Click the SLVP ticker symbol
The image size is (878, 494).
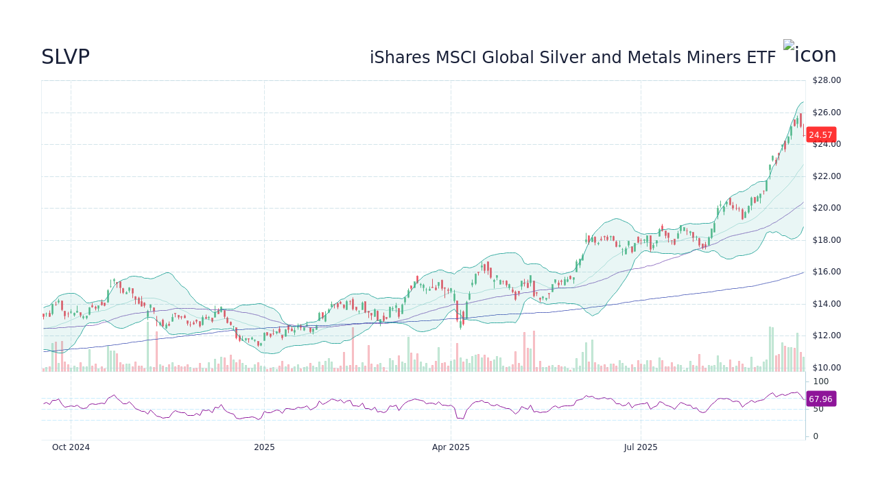pos(65,58)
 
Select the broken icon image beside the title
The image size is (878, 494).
pos(789,45)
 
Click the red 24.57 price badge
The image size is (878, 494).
pos(820,135)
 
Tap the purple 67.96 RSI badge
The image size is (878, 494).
pos(820,399)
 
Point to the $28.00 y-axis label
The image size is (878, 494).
pos(827,80)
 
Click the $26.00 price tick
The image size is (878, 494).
pos(827,113)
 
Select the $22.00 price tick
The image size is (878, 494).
pos(827,176)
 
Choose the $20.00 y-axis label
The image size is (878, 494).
pos(827,208)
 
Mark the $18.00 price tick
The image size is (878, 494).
pos(827,240)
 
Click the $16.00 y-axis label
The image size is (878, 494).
pos(827,272)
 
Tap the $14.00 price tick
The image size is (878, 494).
pos(827,304)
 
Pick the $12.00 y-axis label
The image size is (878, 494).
pos(827,336)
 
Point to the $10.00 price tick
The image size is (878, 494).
pos(827,368)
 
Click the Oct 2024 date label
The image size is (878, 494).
pos(71,447)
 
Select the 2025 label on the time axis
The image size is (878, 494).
pos(264,447)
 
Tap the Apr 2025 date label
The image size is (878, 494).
pos(451,447)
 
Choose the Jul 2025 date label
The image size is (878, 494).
pos(641,447)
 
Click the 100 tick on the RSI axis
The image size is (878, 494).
pos(821,381)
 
